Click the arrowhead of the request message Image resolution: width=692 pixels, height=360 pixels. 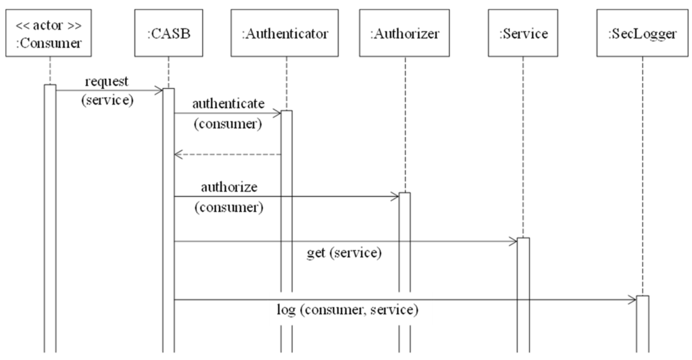tap(159, 89)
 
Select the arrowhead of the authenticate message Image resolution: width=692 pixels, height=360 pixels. tap(276, 113)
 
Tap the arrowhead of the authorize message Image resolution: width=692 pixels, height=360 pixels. tap(395, 197)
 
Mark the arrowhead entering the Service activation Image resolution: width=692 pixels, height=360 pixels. tap(513, 241)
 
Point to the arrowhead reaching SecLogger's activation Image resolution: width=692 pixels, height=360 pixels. tap(632, 299)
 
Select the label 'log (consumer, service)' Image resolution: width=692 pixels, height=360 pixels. tap(347, 311)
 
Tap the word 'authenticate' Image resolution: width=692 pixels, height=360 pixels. tap(228, 103)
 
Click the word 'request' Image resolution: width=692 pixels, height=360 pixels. tap(107, 81)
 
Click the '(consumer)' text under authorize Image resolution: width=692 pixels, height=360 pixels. tap(228, 207)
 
